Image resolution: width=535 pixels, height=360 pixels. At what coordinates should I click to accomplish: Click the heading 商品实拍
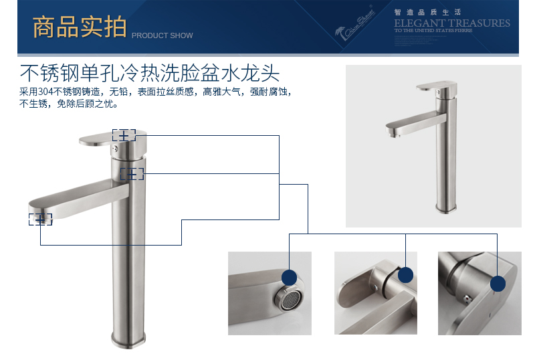tap(80, 27)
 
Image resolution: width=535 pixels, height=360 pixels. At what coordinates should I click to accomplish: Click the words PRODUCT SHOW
tap(162, 35)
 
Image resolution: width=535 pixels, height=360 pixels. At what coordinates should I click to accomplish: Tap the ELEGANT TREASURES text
tap(451, 23)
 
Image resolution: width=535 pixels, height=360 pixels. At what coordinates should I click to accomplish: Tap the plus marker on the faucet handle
tap(124, 135)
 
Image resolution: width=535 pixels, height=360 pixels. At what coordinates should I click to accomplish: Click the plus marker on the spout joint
tap(132, 174)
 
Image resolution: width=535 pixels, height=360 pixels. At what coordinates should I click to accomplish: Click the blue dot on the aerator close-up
tap(290, 278)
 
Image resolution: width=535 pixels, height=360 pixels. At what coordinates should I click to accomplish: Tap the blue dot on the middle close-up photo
tap(406, 275)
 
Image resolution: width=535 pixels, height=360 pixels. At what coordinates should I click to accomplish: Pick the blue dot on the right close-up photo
tap(498, 284)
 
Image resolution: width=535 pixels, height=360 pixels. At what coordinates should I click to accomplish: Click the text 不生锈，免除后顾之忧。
tap(70, 104)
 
